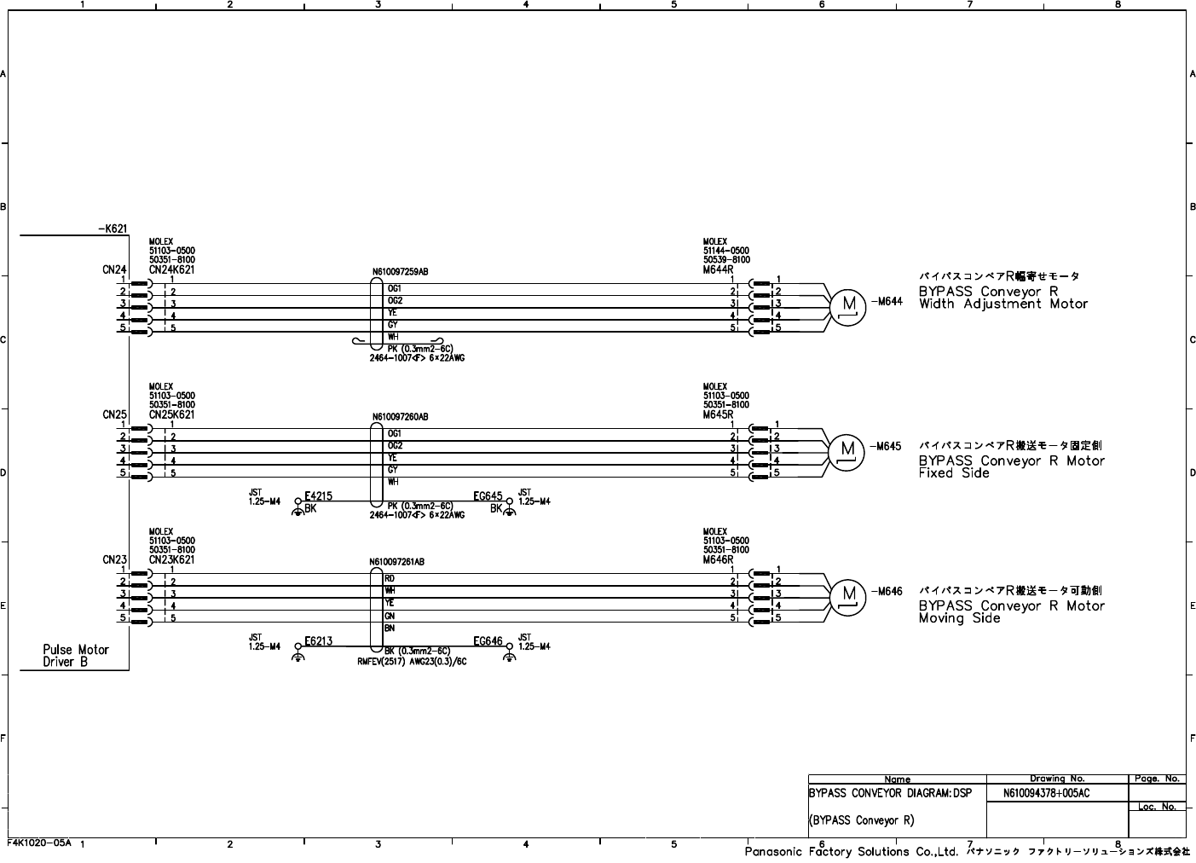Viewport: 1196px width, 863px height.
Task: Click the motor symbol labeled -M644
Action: click(x=848, y=304)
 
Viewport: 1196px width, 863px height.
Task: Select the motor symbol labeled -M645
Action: click(x=848, y=449)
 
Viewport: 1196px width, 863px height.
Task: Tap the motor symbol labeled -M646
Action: click(x=848, y=594)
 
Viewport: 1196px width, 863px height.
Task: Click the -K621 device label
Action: click(x=112, y=229)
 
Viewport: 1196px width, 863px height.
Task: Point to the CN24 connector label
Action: click(x=114, y=269)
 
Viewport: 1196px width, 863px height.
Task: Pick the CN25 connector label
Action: click(x=114, y=414)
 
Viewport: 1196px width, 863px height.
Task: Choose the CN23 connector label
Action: click(x=114, y=559)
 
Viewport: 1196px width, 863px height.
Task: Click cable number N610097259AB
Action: click(x=400, y=272)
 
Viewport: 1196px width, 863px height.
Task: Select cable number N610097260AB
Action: click(x=400, y=417)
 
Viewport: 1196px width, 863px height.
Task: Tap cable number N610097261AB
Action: click(x=396, y=562)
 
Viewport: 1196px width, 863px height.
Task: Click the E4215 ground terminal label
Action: click(x=318, y=496)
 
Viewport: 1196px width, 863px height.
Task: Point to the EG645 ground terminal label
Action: click(x=488, y=496)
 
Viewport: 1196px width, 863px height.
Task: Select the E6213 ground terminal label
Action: click(x=318, y=641)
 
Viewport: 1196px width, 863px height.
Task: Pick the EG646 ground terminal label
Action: click(x=488, y=641)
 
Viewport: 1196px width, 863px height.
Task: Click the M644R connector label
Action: click(x=718, y=269)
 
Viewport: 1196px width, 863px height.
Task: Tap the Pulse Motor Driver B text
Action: click(x=76, y=655)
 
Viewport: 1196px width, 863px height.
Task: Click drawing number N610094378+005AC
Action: click(x=1046, y=793)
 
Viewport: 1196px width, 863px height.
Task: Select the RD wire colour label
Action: click(x=390, y=578)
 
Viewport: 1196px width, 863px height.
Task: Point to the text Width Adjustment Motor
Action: click(x=1003, y=304)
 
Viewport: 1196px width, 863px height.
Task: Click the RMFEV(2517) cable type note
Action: click(x=412, y=660)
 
